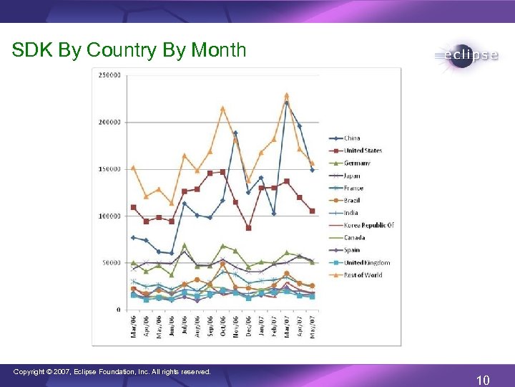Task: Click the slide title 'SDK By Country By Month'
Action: pos(129,50)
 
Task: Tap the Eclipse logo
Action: pos(465,56)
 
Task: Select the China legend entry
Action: pos(352,138)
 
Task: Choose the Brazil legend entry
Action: pos(353,201)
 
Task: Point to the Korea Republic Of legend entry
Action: pos(368,225)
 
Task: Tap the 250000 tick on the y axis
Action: pos(109,75)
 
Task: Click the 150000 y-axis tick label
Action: pos(109,169)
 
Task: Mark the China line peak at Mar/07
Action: pos(286,102)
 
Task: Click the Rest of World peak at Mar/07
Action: pos(286,95)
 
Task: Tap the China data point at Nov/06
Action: pos(235,133)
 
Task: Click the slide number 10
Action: pos(483,379)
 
